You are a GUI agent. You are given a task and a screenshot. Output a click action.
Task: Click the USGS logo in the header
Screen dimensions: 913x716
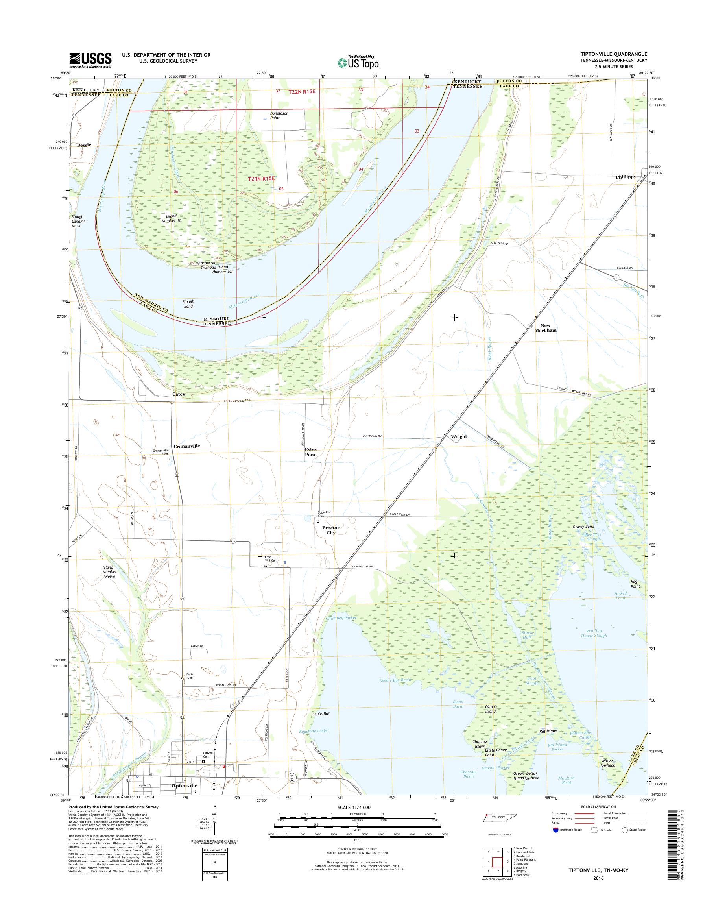pyautogui.click(x=90, y=60)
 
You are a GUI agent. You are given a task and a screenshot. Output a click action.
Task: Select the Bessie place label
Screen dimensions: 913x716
pyautogui.click(x=84, y=145)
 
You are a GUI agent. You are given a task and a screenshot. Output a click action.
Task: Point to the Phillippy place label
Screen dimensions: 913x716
pyautogui.click(x=626, y=177)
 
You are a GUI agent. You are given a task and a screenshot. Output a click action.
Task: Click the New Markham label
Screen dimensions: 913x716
pyautogui.click(x=545, y=328)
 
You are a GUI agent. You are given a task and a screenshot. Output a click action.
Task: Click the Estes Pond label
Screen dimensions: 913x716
pyautogui.click(x=311, y=452)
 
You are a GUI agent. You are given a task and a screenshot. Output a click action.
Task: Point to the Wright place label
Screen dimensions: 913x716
pyautogui.click(x=459, y=436)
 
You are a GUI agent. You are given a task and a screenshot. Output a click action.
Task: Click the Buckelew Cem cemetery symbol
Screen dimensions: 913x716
pyautogui.click(x=318, y=521)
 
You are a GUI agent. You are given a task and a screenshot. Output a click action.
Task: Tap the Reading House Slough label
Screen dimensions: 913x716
pyautogui.click(x=594, y=633)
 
